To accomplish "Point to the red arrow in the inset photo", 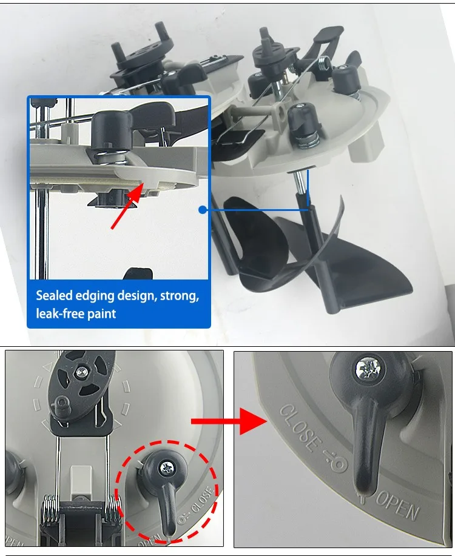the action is pos(127,206).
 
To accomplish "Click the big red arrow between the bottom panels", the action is pos(229,421).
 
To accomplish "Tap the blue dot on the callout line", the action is pos(203,210).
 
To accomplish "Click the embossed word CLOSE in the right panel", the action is pos(298,428).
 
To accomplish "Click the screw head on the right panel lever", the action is pos(368,369).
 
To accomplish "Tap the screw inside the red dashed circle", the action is pos(167,469).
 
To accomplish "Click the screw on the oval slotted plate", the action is pos(82,372).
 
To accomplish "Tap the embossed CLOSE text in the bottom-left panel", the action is pos(203,500).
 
